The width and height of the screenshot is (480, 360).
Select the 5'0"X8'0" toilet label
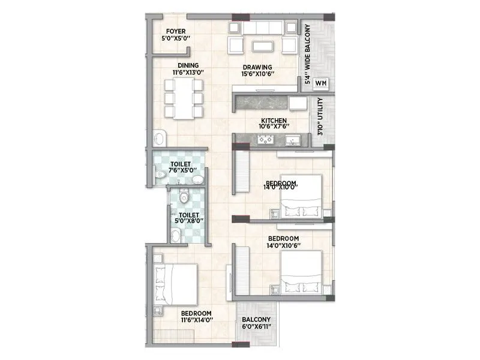pyautogui.click(x=187, y=217)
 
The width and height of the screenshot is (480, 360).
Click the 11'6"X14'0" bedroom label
pyautogui.click(x=196, y=317)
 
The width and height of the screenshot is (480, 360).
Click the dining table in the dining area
pyautogui.click(x=184, y=98)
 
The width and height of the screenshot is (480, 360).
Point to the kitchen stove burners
pyautogui.click(x=265, y=140)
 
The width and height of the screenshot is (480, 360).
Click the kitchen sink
pyautogui.click(x=293, y=140)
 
